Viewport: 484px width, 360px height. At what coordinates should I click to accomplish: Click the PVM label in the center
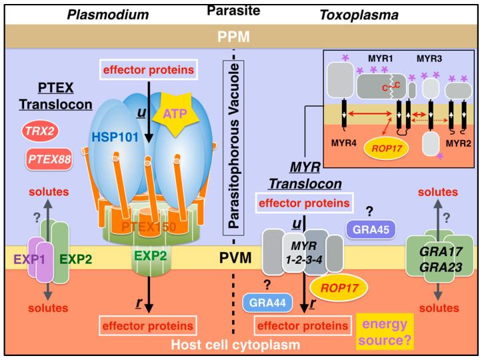tap(243, 256)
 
